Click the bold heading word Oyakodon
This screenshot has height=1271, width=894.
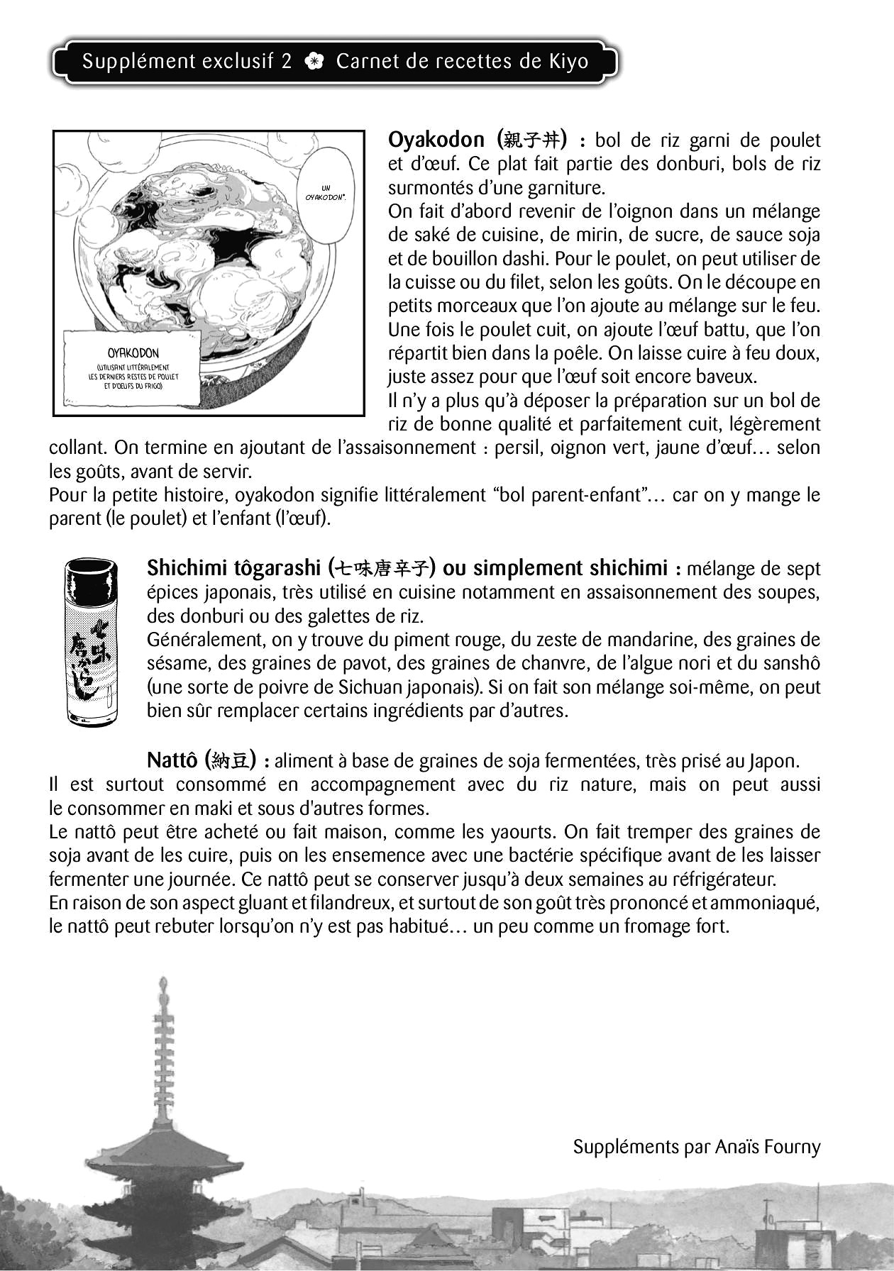[x=436, y=140]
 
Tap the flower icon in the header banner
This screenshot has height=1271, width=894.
[x=314, y=62]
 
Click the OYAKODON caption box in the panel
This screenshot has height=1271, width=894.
[x=133, y=369]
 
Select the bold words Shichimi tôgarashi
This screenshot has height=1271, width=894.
[x=233, y=568]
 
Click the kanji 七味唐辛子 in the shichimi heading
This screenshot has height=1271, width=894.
[x=384, y=569]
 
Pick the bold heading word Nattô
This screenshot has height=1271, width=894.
[x=172, y=761]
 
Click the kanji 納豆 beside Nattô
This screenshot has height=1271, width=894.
[x=231, y=761]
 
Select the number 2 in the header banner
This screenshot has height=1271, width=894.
[x=286, y=62]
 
